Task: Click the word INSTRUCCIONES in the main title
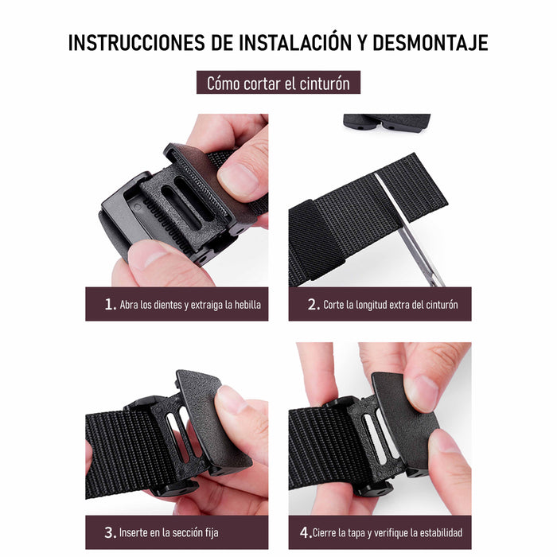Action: pos(137,43)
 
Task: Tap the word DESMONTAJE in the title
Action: pos(430,43)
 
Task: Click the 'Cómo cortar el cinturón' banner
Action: pos(278,83)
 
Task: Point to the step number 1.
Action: pos(110,305)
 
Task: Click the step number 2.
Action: pos(313,305)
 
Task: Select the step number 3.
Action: pos(110,532)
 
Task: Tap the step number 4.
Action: pos(305,532)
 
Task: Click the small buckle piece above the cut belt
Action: pos(387,123)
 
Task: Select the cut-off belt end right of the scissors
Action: pos(412,186)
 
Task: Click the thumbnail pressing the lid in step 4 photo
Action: pos(421,392)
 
